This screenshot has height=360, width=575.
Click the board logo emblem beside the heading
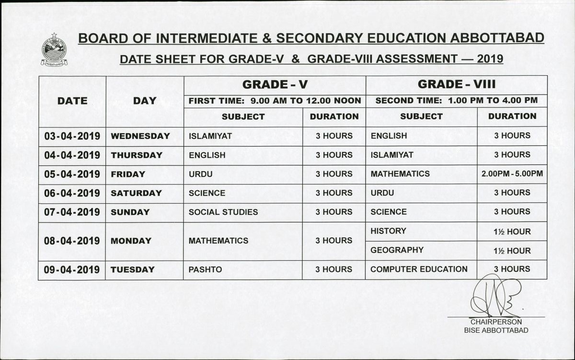tap(54, 50)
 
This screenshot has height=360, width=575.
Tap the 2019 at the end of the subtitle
tap(489, 59)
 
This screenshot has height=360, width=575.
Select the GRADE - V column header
tap(275, 85)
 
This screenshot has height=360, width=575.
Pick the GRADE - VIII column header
tap(456, 85)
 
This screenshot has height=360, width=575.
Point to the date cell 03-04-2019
tap(72, 136)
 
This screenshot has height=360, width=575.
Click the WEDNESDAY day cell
tap(140, 136)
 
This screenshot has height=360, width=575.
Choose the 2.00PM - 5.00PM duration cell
tap(512, 174)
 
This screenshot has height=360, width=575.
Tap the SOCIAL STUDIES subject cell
tap(223, 212)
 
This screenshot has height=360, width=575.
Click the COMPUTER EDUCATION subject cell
tap(419, 269)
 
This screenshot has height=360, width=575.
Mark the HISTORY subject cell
tap(388, 231)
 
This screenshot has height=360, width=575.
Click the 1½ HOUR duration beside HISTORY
tap(512, 232)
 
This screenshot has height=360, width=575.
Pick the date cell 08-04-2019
tap(72, 241)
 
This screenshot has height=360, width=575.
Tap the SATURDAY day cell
tap(136, 193)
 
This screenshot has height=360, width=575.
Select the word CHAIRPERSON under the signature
tap(496, 322)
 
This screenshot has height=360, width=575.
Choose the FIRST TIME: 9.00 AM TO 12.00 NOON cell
tap(275, 101)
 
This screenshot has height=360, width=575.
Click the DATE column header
tap(72, 101)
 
